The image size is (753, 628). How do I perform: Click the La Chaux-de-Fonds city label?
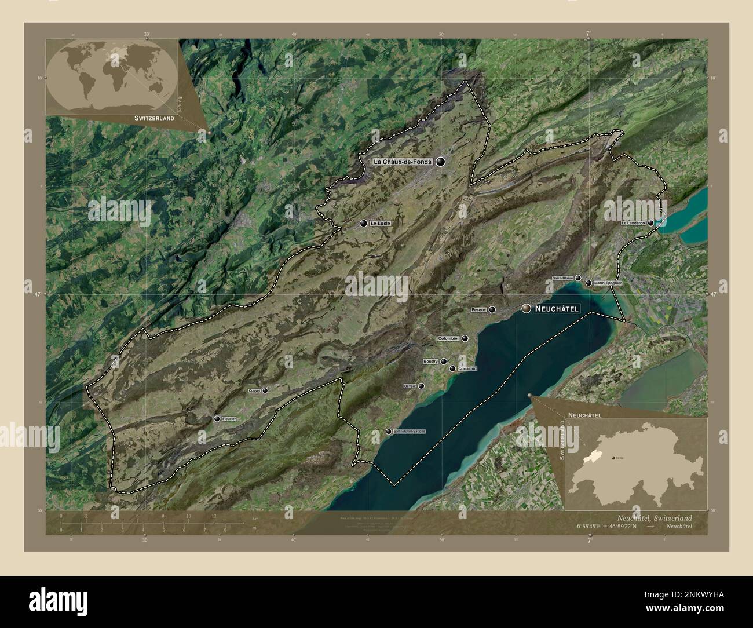click(x=403, y=162)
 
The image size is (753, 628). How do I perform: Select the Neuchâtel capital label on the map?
click(x=557, y=309)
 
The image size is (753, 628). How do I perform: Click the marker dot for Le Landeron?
click(x=651, y=222)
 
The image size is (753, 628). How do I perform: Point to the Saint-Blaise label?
click(x=562, y=278)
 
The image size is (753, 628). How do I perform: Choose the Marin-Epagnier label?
click(x=608, y=283)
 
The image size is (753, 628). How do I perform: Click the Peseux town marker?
click(x=492, y=309)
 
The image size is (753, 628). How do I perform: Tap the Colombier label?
click(x=448, y=338)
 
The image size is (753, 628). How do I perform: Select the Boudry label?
click(x=430, y=362)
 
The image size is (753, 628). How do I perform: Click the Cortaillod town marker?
click(x=452, y=368)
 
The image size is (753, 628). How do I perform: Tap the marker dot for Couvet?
click(x=265, y=391)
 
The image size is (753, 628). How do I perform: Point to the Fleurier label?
click(x=229, y=418)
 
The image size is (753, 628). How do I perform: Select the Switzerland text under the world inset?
click(x=154, y=118)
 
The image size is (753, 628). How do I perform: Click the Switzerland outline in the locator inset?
click(x=634, y=461)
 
